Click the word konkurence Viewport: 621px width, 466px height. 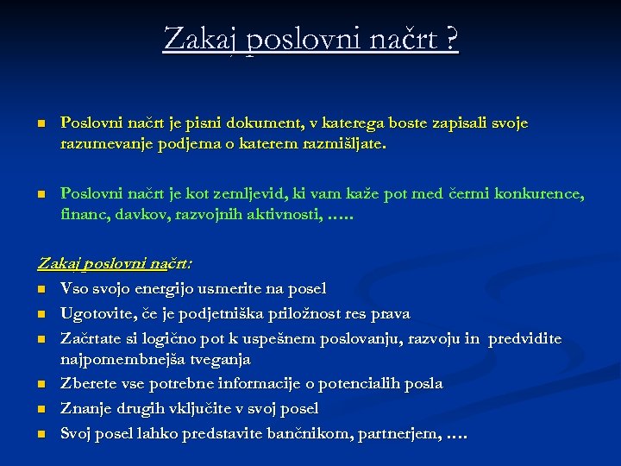538,194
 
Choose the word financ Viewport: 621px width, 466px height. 82,215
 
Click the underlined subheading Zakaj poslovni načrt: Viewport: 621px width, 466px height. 115,263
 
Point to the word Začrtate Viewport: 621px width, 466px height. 92,338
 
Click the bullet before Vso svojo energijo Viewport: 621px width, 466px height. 41,289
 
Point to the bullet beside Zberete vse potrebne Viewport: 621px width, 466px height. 41,384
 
